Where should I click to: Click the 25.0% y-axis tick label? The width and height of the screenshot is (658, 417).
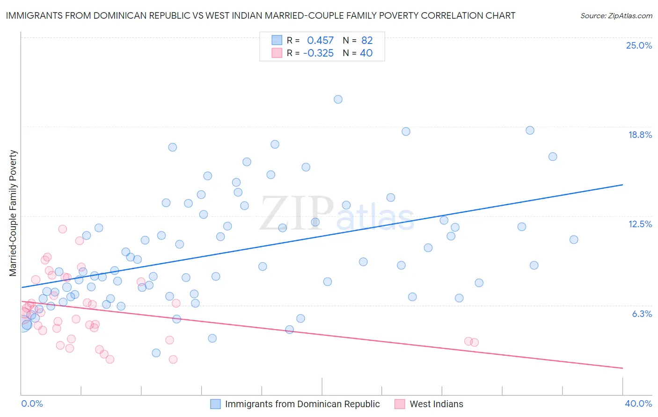pos(639,45)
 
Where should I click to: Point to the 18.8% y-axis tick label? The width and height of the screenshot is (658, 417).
pos(640,135)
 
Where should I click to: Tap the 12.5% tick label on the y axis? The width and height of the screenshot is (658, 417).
pos(640,224)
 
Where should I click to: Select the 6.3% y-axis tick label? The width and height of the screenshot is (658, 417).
pos(642,314)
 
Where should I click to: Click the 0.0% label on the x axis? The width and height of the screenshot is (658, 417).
pos(32,403)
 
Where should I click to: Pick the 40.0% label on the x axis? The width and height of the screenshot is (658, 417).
pos(638,403)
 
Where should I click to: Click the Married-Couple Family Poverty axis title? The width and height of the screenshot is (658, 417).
pos(13,213)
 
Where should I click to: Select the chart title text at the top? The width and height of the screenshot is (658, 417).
pos(260,15)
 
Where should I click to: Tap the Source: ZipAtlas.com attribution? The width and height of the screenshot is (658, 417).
pos(616,15)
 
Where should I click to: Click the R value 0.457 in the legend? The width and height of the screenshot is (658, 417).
pos(320,40)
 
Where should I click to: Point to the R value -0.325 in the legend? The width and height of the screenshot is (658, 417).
pos(318,53)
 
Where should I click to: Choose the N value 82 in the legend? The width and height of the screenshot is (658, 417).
pos(367,40)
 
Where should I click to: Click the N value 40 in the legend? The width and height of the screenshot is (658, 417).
pos(366,53)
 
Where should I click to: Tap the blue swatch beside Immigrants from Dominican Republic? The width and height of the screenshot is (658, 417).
pos(215,404)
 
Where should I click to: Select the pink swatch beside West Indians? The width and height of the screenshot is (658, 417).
pos(400,404)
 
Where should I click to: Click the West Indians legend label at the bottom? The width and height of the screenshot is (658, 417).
pos(436,404)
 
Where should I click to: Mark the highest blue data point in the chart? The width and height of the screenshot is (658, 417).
pos(338,99)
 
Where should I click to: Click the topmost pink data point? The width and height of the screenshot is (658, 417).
pos(62,229)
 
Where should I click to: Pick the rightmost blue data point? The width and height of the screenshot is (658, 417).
pos(574,239)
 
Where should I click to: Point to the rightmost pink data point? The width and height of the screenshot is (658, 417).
pos(475,342)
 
